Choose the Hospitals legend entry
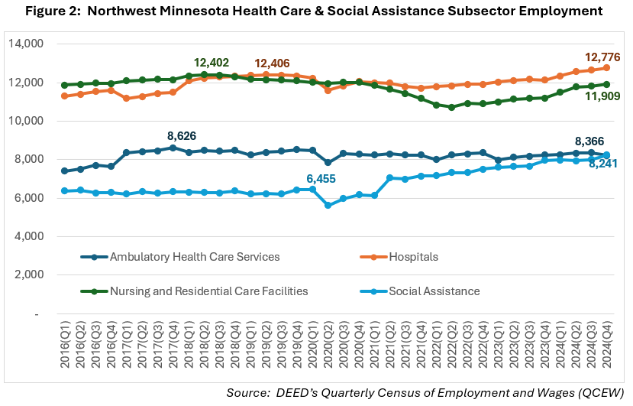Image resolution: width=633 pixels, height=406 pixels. coord(414,256)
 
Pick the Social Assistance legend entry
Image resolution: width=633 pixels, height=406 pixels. coord(433,291)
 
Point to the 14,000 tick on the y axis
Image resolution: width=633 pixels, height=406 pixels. coord(26,44)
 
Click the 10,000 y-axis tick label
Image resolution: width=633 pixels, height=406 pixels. coord(26,121)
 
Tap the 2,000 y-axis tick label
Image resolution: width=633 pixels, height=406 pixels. coord(29,274)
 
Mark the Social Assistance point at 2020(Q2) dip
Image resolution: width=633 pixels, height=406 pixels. coord(328,205)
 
